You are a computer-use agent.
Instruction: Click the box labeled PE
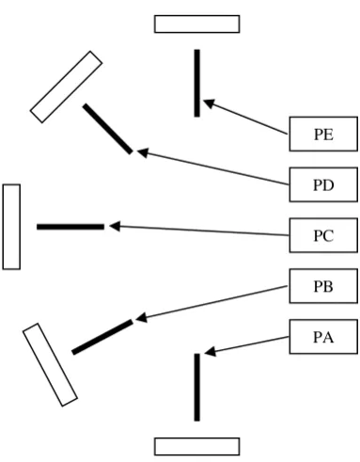[x=323, y=134]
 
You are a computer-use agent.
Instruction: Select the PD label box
[x=323, y=184]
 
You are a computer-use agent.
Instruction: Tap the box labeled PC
[x=323, y=235]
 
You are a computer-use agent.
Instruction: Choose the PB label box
[x=323, y=286]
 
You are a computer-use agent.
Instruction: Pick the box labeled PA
[x=323, y=337]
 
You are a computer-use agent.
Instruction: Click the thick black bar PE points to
[x=196, y=83]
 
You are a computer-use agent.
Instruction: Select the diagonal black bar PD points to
[x=108, y=129]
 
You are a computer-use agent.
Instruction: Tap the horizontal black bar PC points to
[x=70, y=227]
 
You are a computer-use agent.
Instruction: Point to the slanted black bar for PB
[x=102, y=337]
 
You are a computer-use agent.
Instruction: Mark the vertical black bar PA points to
[x=196, y=388]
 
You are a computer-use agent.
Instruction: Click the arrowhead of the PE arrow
[x=209, y=104]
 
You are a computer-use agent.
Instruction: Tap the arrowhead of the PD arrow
[x=143, y=153]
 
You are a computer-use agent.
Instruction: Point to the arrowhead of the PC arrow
[x=115, y=226]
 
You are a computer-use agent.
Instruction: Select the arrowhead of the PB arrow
[x=141, y=317]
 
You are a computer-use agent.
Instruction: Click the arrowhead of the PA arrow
[x=211, y=351]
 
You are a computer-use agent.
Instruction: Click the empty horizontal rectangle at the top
[x=197, y=24]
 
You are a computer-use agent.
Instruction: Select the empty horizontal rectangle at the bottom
[x=197, y=446]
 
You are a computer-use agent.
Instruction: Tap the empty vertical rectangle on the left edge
[x=11, y=227]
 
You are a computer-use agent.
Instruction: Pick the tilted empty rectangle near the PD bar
[x=66, y=87]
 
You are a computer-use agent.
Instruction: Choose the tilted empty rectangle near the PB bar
[x=50, y=365]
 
